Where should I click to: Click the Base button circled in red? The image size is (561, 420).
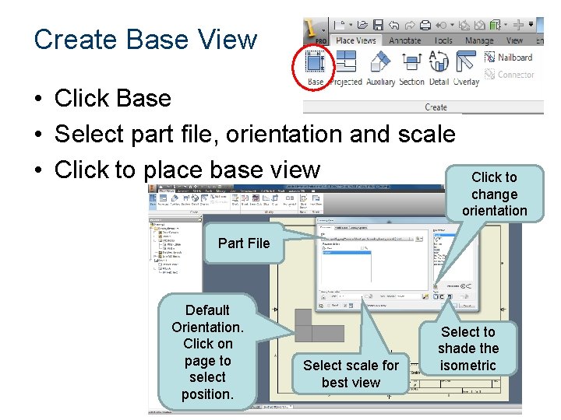tap(316, 65)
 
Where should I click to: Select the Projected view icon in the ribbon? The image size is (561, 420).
tap(346, 65)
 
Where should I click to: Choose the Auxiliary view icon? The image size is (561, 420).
tap(380, 65)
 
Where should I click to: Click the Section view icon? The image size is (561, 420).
tap(411, 65)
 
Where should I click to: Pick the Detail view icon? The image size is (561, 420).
tap(439, 65)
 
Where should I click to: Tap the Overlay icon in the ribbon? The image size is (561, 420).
tap(466, 65)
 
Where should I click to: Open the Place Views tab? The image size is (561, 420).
tap(356, 40)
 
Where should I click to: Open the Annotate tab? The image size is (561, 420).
tap(405, 40)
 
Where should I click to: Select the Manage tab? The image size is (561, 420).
tap(479, 40)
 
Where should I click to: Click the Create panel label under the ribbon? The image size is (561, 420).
tap(436, 107)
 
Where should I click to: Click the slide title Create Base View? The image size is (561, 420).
tap(146, 39)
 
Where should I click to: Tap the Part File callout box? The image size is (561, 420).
tap(244, 243)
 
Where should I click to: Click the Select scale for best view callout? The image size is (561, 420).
tap(351, 373)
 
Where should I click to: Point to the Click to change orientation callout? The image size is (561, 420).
tap(494, 194)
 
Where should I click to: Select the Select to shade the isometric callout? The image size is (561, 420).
tap(467, 348)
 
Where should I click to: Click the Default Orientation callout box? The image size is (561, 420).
tap(207, 352)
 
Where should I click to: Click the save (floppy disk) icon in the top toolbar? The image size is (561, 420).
tap(378, 25)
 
